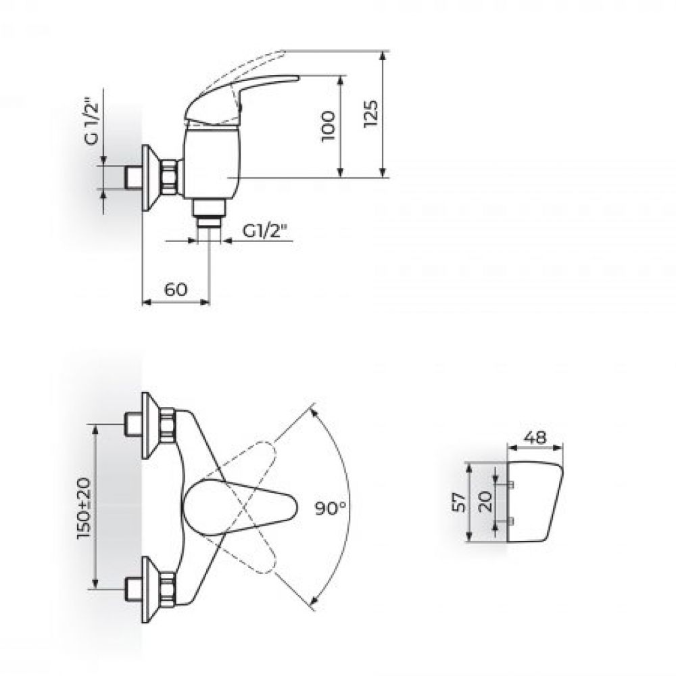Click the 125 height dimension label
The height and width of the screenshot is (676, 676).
[x=370, y=114]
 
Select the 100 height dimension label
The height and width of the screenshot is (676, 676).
[x=328, y=126]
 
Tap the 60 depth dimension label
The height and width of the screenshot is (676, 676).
[x=176, y=289]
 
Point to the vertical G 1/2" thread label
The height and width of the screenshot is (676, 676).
[x=91, y=124]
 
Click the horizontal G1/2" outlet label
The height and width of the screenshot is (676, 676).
[x=265, y=231]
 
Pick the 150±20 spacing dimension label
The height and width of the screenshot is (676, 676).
[x=84, y=508]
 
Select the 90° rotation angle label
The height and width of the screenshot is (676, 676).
[x=331, y=508]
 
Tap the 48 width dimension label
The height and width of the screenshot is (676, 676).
[x=535, y=437]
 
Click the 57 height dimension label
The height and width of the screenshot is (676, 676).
[x=459, y=502]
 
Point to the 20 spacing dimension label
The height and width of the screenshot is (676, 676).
[x=486, y=502]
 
